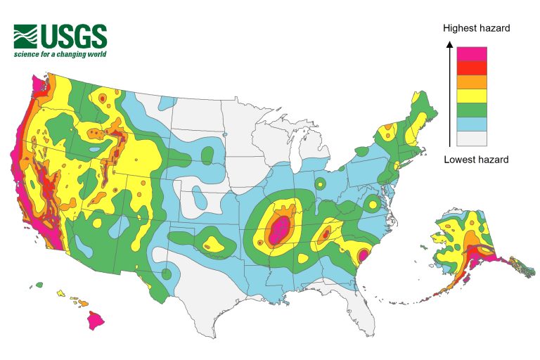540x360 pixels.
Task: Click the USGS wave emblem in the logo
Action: pos(26,36)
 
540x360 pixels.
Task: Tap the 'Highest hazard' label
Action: pos(476,28)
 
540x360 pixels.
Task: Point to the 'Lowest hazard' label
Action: pos(476,160)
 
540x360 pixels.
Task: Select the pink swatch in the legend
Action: pos(472,53)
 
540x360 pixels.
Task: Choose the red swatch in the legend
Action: pos(472,67)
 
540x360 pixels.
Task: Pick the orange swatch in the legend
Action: pos(472,82)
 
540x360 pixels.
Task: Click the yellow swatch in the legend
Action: pos(472,96)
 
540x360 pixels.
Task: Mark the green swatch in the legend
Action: pos(472,110)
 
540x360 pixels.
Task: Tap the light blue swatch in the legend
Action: pos(472,124)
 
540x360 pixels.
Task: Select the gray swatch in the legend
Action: pos(472,138)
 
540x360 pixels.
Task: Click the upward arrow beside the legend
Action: pos(449,91)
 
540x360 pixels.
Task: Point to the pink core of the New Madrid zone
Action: pos(279,230)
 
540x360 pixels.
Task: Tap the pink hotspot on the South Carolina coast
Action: pos(364,255)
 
